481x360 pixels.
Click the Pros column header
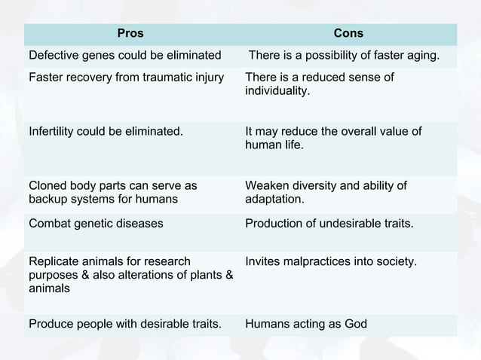(x=130, y=33)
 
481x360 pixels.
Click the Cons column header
(x=348, y=33)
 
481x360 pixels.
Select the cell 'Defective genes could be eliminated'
(x=125, y=55)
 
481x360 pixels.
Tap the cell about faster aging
(x=345, y=55)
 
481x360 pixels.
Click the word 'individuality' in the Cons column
(x=277, y=90)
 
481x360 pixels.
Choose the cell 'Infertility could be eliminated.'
(x=106, y=131)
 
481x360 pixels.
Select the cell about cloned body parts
(x=113, y=192)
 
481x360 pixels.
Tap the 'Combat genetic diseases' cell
(x=96, y=223)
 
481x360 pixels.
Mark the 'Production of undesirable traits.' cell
(x=329, y=223)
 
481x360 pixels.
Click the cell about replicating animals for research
(x=130, y=274)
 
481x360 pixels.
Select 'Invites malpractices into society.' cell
(x=332, y=261)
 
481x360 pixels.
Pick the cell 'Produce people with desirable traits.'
(x=125, y=324)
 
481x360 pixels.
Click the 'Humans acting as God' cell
(x=306, y=324)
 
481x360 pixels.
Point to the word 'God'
(x=355, y=324)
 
